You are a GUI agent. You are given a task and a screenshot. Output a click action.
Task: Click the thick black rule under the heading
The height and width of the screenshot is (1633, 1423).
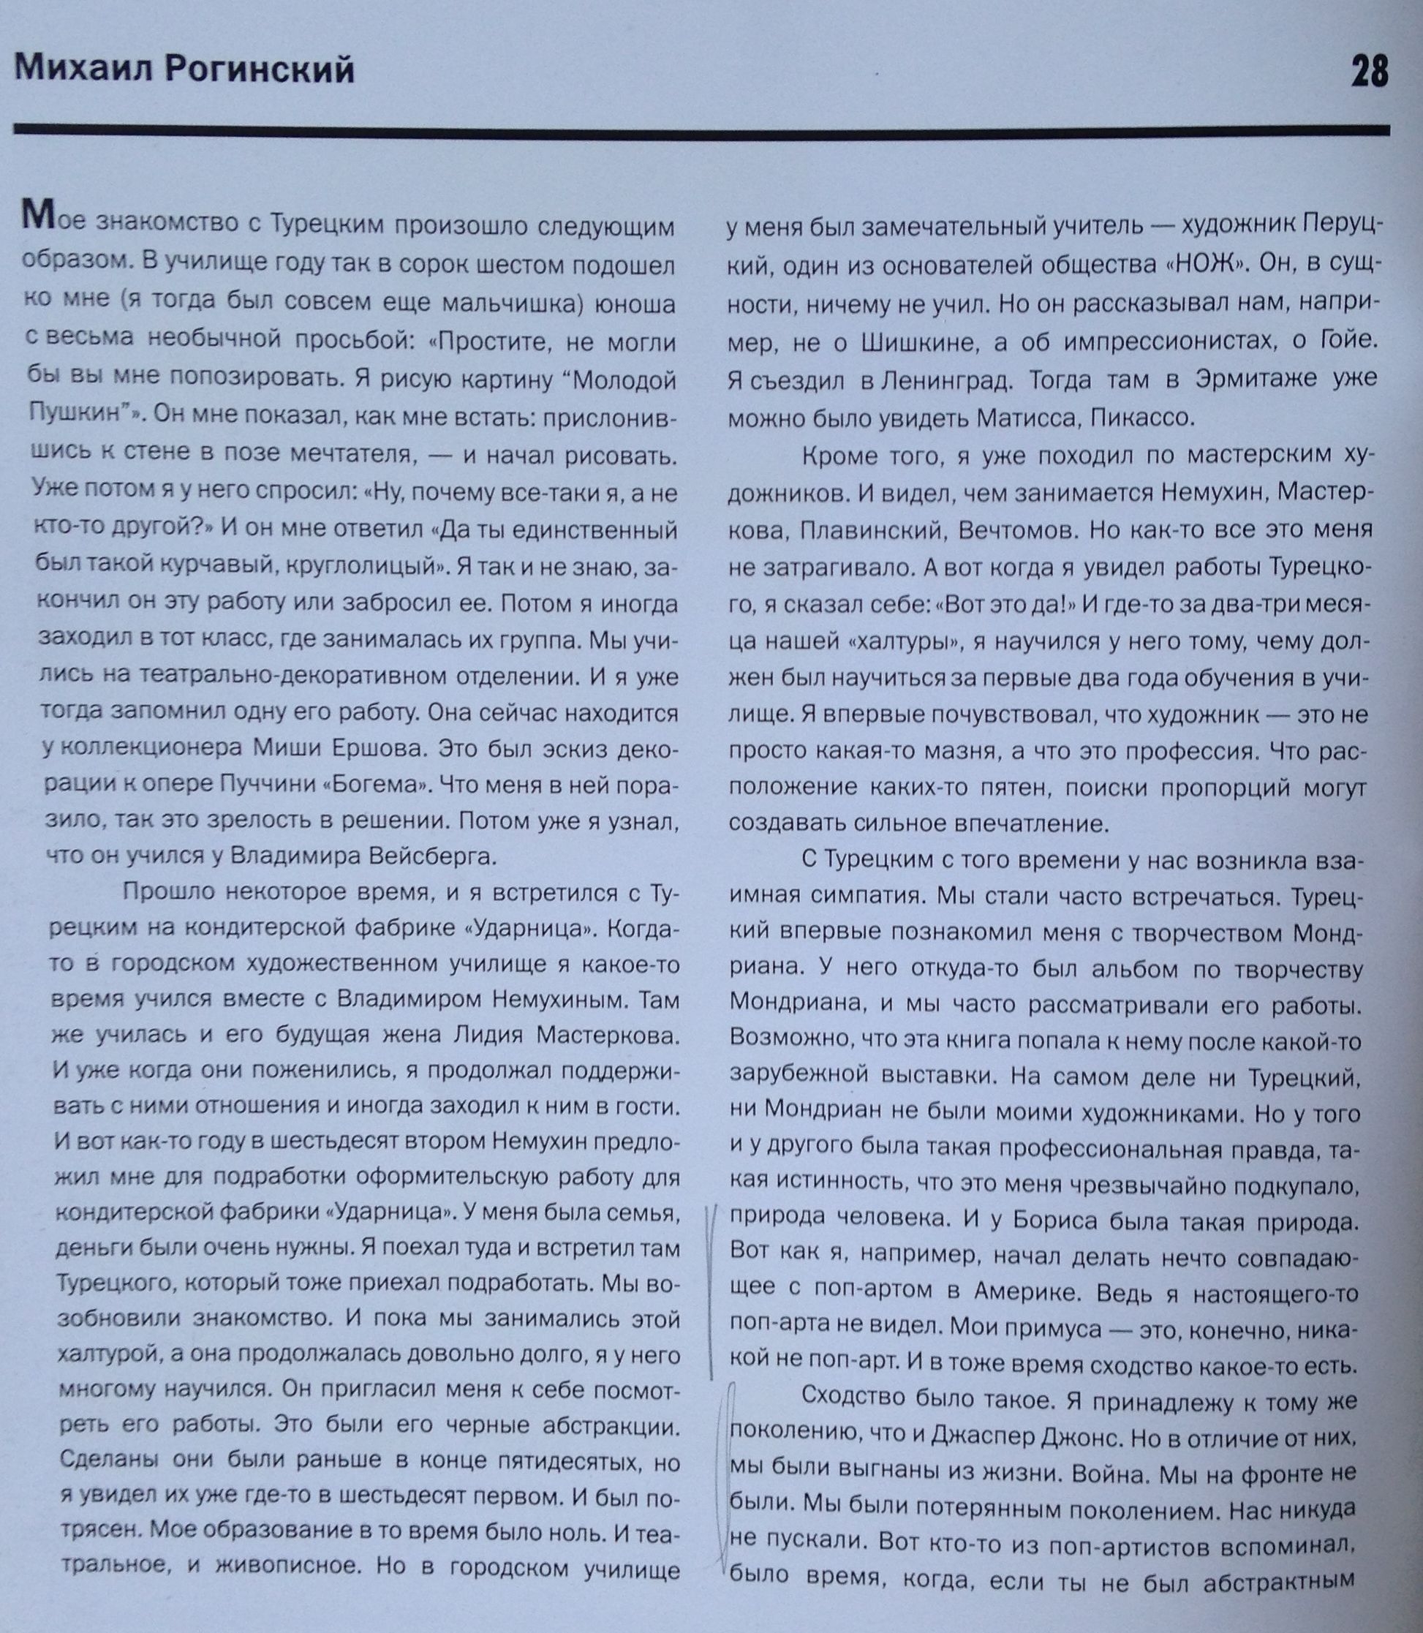[x=702, y=129]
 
